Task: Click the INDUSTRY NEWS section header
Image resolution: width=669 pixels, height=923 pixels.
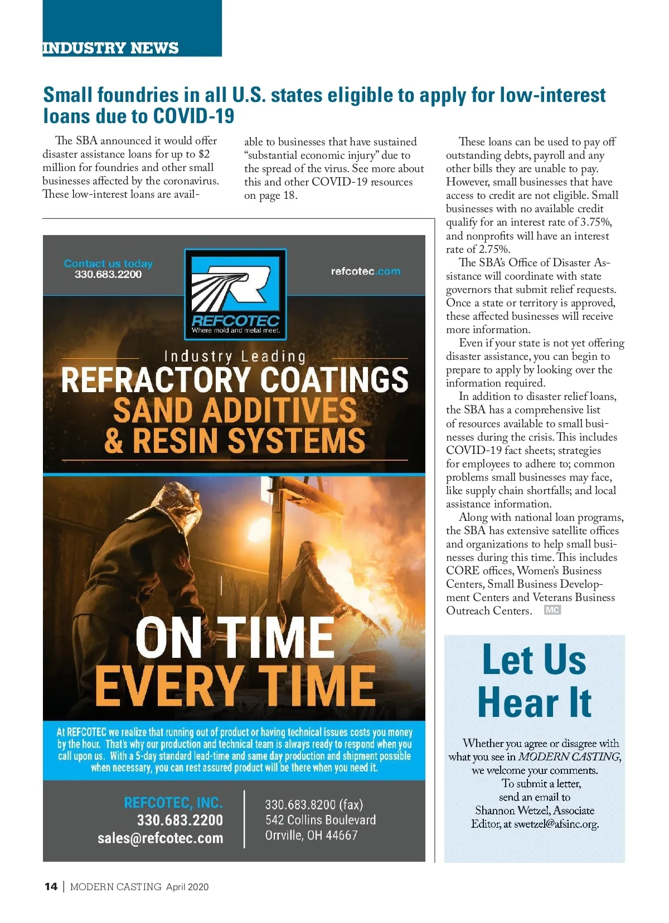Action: pyautogui.click(x=110, y=48)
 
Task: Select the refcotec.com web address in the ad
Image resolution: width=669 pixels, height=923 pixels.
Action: pyautogui.click(x=365, y=271)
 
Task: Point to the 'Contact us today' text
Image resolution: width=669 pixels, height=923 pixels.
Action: pyautogui.click(x=108, y=263)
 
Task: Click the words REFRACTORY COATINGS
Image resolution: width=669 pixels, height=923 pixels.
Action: pyautogui.click(x=235, y=380)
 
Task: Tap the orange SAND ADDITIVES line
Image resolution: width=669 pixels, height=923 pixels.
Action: pyautogui.click(x=235, y=411)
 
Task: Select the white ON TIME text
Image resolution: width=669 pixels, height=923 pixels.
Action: pyautogui.click(x=235, y=638)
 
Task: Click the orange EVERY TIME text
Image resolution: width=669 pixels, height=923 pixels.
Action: pyautogui.click(x=235, y=686)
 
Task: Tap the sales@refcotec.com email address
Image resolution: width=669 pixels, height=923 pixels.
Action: pyautogui.click(x=160, y=838)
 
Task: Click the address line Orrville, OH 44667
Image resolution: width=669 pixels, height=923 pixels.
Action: pyautogui.click(x=311, y=835)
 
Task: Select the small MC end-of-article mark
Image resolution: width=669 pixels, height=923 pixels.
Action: pyautogui.click(x=552, y=610)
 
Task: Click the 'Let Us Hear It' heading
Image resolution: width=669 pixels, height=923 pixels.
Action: pyautogui.click(x=534, y=681)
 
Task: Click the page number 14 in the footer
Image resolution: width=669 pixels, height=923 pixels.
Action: pyautogui.click(x=51, y=886)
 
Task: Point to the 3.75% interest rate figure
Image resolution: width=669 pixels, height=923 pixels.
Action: pyautogui.click(x=595, y=222)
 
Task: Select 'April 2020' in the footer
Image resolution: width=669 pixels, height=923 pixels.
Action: pyautogui.click(x=187, y=887)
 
